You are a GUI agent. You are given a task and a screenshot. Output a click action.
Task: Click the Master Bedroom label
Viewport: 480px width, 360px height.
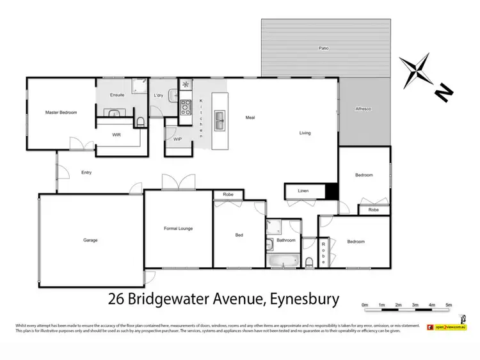(x=61, y=113)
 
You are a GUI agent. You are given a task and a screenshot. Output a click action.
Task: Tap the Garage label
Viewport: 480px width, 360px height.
(x=90, y=240)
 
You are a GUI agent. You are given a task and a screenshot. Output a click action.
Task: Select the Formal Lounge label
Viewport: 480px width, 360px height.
(x=178, y=228)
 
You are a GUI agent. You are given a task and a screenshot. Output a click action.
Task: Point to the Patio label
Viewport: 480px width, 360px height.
(x=324, y=49)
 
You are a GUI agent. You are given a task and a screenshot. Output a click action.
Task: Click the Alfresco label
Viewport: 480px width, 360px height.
(x=364, y=109)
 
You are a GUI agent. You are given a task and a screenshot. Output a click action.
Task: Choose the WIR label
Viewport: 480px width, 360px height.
(x=116, y=135)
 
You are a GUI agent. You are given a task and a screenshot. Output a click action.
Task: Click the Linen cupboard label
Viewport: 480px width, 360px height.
(x=303, y=191)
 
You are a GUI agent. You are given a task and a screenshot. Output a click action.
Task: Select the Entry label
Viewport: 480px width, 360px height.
(x=86, y=172)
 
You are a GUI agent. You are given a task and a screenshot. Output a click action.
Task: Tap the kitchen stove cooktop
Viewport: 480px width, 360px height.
(x=186, y=107)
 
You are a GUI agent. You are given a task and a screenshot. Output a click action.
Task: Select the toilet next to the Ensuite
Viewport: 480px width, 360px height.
(x=140, y=121)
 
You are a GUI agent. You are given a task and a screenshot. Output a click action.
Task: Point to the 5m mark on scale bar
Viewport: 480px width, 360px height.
(x=449, y=304)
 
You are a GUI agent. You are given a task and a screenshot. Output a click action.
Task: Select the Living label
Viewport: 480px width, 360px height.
(x=305, y=133)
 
